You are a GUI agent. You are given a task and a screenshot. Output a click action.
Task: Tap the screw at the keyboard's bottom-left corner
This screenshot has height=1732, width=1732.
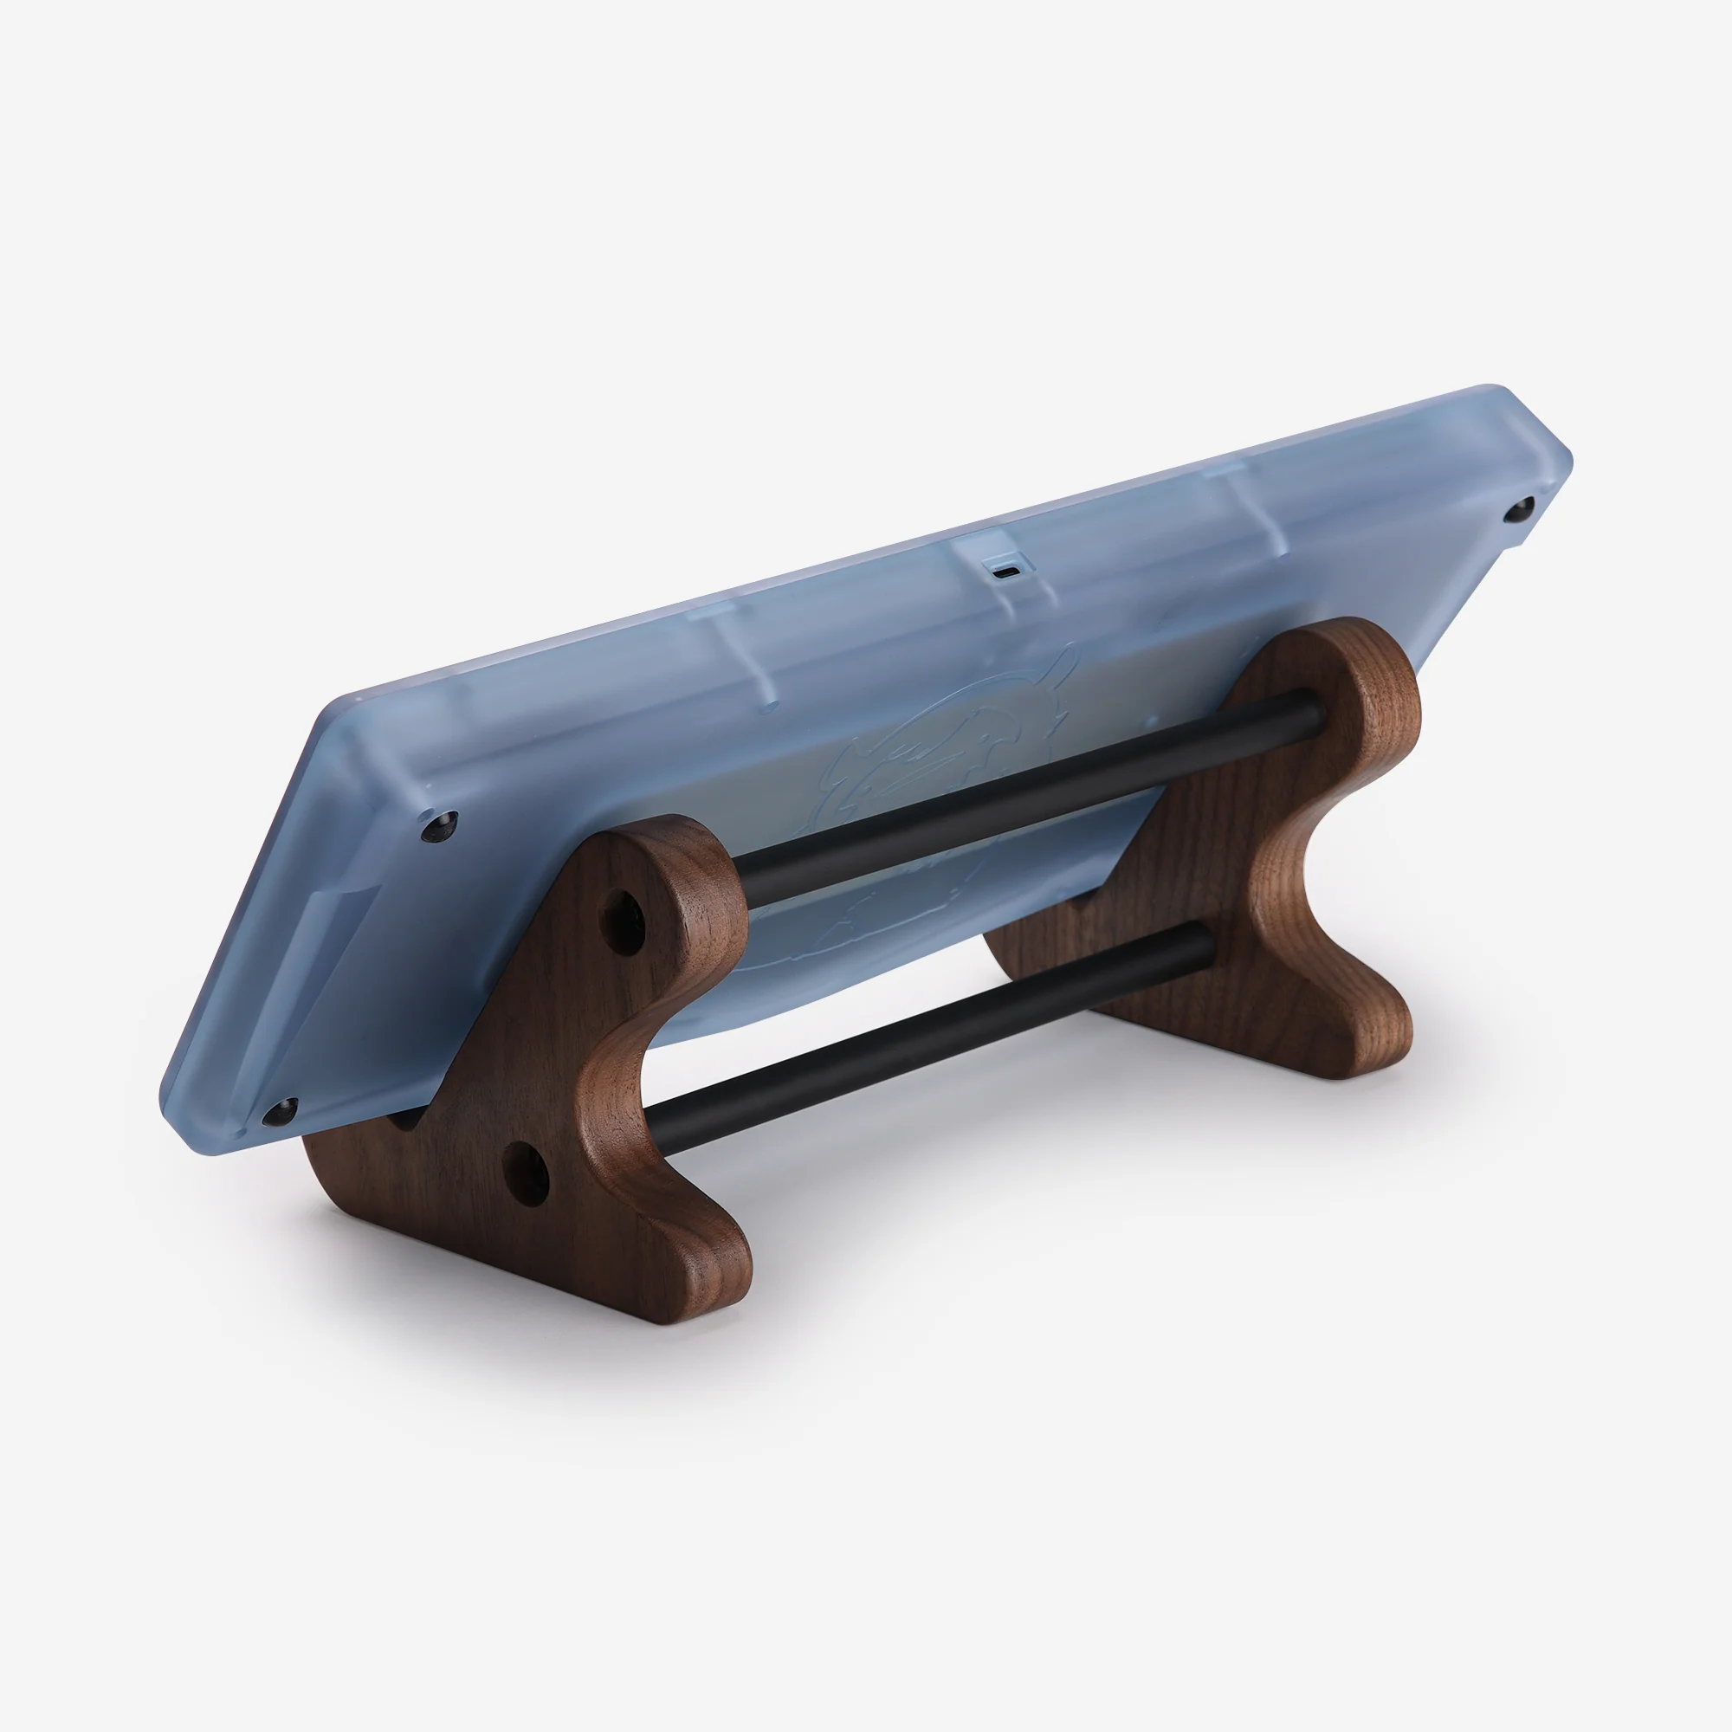(x=280, y=1113)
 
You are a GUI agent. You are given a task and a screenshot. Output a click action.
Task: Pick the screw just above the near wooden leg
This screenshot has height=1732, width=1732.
(x=439, y=825)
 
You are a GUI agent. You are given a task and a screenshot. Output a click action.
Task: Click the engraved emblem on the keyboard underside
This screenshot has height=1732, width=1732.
(x=950, y=780)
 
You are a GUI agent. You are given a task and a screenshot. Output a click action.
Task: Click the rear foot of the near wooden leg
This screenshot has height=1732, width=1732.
(x=336, y=1166)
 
